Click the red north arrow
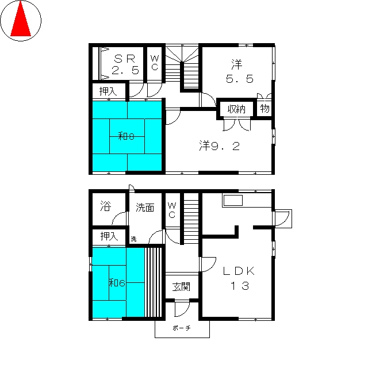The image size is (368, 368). pyautogui.click(x=21, y=20)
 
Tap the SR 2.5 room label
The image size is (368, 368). pyautogui.click(x=125, y=64)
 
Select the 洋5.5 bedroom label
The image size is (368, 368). pyautogui.click(x=239, y=71)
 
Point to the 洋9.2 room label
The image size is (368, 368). pyautogui.click(x=220, y=145)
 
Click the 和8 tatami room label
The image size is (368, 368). pyautogui.click(x=126, y=136)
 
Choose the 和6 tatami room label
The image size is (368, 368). pyautogui.click(x=117, y=283)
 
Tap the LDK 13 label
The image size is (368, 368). pyautogui.click(x=239, y=278)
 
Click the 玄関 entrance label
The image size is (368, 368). pyautogui.click(x=181, y=287)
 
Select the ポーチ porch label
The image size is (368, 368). pyautogui.click(x=182, y=328)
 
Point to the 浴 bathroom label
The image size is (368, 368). pyautogui.click(x=106, y=206)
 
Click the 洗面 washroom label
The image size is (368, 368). pyautogui.click(x=145, y=208)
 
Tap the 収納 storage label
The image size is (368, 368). pyautogui.click(x=236, y=109)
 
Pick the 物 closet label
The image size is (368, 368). pyautogui.click(x=264, y=109)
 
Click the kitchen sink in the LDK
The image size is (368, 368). pyautogui.click(x=233, y=201)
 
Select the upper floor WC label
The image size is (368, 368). pyautogui.click(x=155, y=63)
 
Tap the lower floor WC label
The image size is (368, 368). pyautogui.click(x=172, y=210)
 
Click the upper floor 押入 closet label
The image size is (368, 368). pyautogui.click(x=108, y=91)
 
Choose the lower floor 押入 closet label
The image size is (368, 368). pyautogui.click(x=109, y=236)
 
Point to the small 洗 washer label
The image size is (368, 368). pyautogui.click(x=133, y=239)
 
